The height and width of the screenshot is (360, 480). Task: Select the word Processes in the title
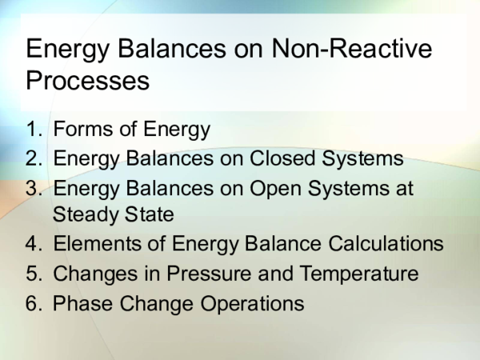88,81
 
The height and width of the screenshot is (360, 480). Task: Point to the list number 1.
31,130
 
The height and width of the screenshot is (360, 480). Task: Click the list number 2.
32,158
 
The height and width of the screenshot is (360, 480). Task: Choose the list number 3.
32,187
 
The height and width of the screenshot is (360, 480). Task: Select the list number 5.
32,274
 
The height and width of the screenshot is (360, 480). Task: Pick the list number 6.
32,303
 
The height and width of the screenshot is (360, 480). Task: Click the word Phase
80,303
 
